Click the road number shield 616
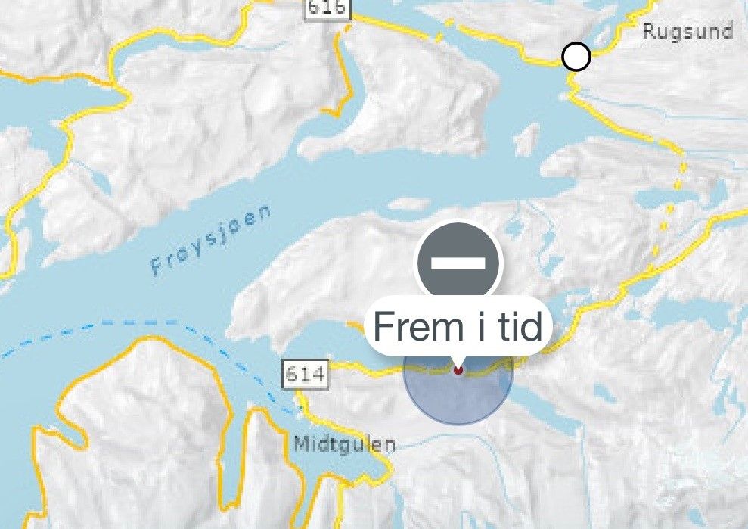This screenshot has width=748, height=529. point(327,7)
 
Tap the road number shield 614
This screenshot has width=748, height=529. point(306,374)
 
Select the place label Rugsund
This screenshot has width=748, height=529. point(687,32)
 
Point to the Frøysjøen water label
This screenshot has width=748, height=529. point(210,241)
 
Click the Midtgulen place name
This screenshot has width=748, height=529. point(344,443)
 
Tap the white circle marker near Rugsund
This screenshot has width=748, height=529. point(576,57)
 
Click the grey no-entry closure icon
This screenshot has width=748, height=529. point(458,262)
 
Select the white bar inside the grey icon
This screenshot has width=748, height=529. point(458,262)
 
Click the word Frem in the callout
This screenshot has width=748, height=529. point(410,327)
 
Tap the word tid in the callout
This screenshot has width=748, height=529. point(517,327)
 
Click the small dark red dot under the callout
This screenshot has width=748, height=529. point(458,370)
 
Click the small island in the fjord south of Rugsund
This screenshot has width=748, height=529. point(528,139)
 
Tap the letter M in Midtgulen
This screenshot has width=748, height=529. point(300,443)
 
